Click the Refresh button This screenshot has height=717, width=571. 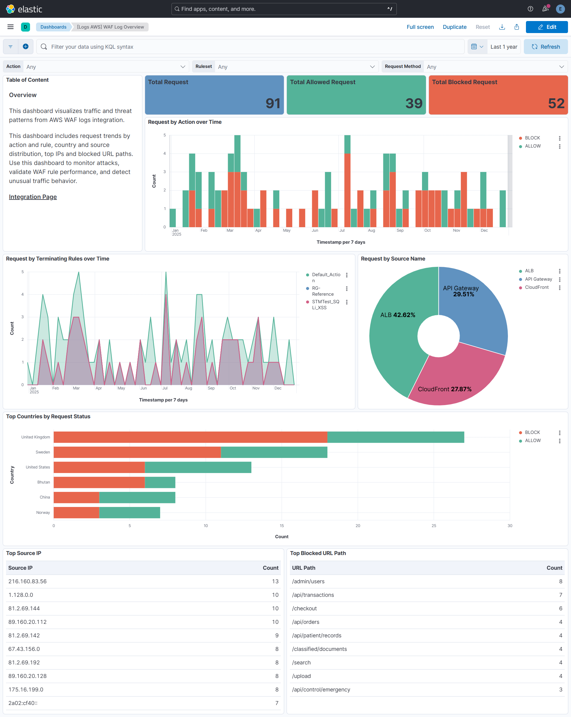pos(545,47)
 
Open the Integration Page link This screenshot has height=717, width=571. pos(33,197)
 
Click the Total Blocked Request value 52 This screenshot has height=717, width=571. pos(556,103)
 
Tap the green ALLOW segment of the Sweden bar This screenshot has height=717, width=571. pos(274,452)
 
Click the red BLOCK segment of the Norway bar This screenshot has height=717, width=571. pos(76,512)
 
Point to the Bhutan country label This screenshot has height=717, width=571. pos(44,482)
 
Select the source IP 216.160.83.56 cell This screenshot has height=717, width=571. pos(28,581)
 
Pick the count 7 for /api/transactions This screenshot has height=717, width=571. pos(560,595)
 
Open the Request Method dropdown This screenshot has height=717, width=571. pos(495,66)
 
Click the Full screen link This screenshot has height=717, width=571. pos(420,27)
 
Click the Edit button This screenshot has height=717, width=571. pos(546,27)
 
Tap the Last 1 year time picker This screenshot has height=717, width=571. pos(503,47)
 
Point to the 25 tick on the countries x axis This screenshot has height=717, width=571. pos(433,526)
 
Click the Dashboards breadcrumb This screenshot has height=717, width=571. pos(53,27)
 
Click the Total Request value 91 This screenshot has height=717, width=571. pos(272,103)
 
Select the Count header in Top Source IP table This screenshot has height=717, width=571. pos(270,568)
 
